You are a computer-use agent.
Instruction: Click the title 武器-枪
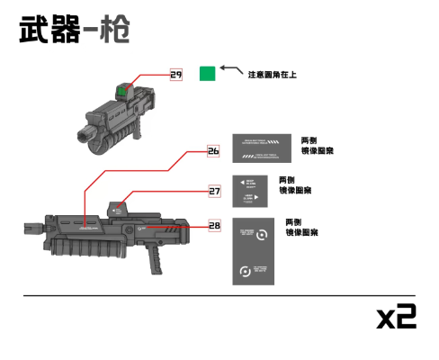tap(74, 31)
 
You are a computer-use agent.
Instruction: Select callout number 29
tap(176, 74)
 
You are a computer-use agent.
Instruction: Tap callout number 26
tap(213, 151)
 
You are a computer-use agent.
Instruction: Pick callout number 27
tap(214, 191)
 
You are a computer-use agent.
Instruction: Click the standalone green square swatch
tap(207, 74)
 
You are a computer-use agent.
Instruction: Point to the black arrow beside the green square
tap(230, 69)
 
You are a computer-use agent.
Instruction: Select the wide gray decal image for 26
tap(261, 148)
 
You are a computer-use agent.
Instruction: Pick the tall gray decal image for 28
tap(254, 251)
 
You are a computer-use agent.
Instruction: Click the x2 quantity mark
tap(396, 316)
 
